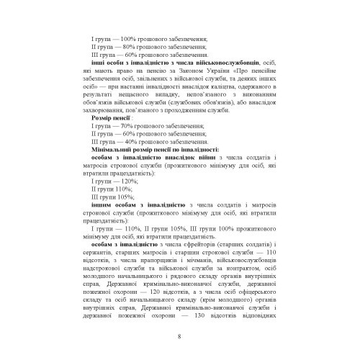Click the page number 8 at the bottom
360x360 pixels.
[179, 337]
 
